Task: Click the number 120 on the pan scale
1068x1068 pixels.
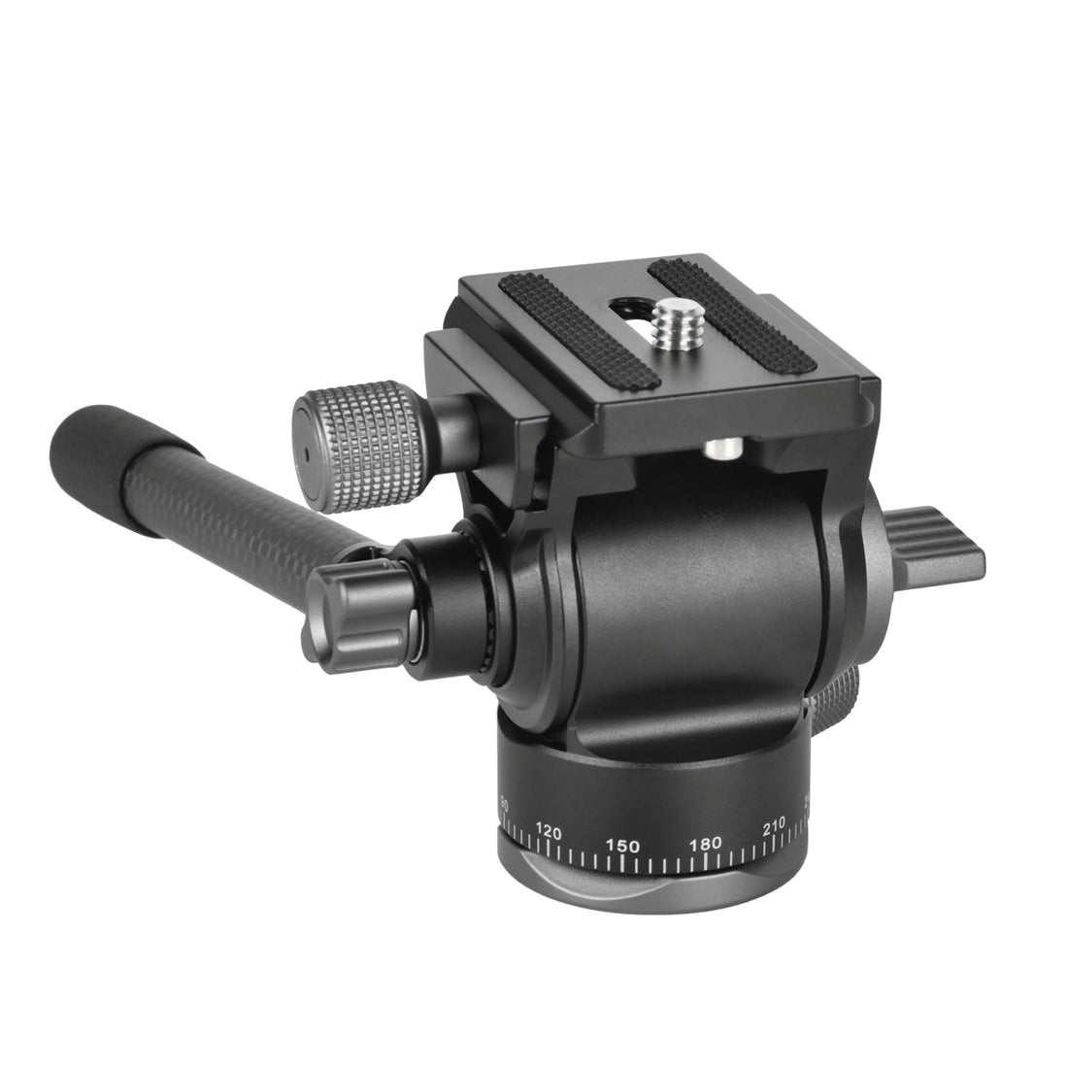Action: [550, 832]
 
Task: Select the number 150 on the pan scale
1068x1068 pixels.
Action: [621, 846]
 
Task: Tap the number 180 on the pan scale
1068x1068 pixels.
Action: [705, 844]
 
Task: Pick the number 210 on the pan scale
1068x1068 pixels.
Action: [774, 827]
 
